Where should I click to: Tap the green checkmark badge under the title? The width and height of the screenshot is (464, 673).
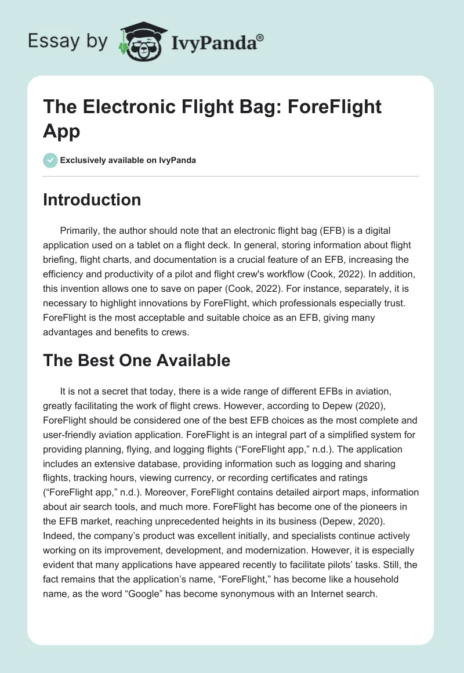pyautogui.click(x=50, y=160)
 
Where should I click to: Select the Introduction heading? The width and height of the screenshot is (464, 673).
pyautogui.click(x=92, y=200)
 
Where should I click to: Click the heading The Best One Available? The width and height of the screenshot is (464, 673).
pyautogui.click(x=137, y=360)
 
